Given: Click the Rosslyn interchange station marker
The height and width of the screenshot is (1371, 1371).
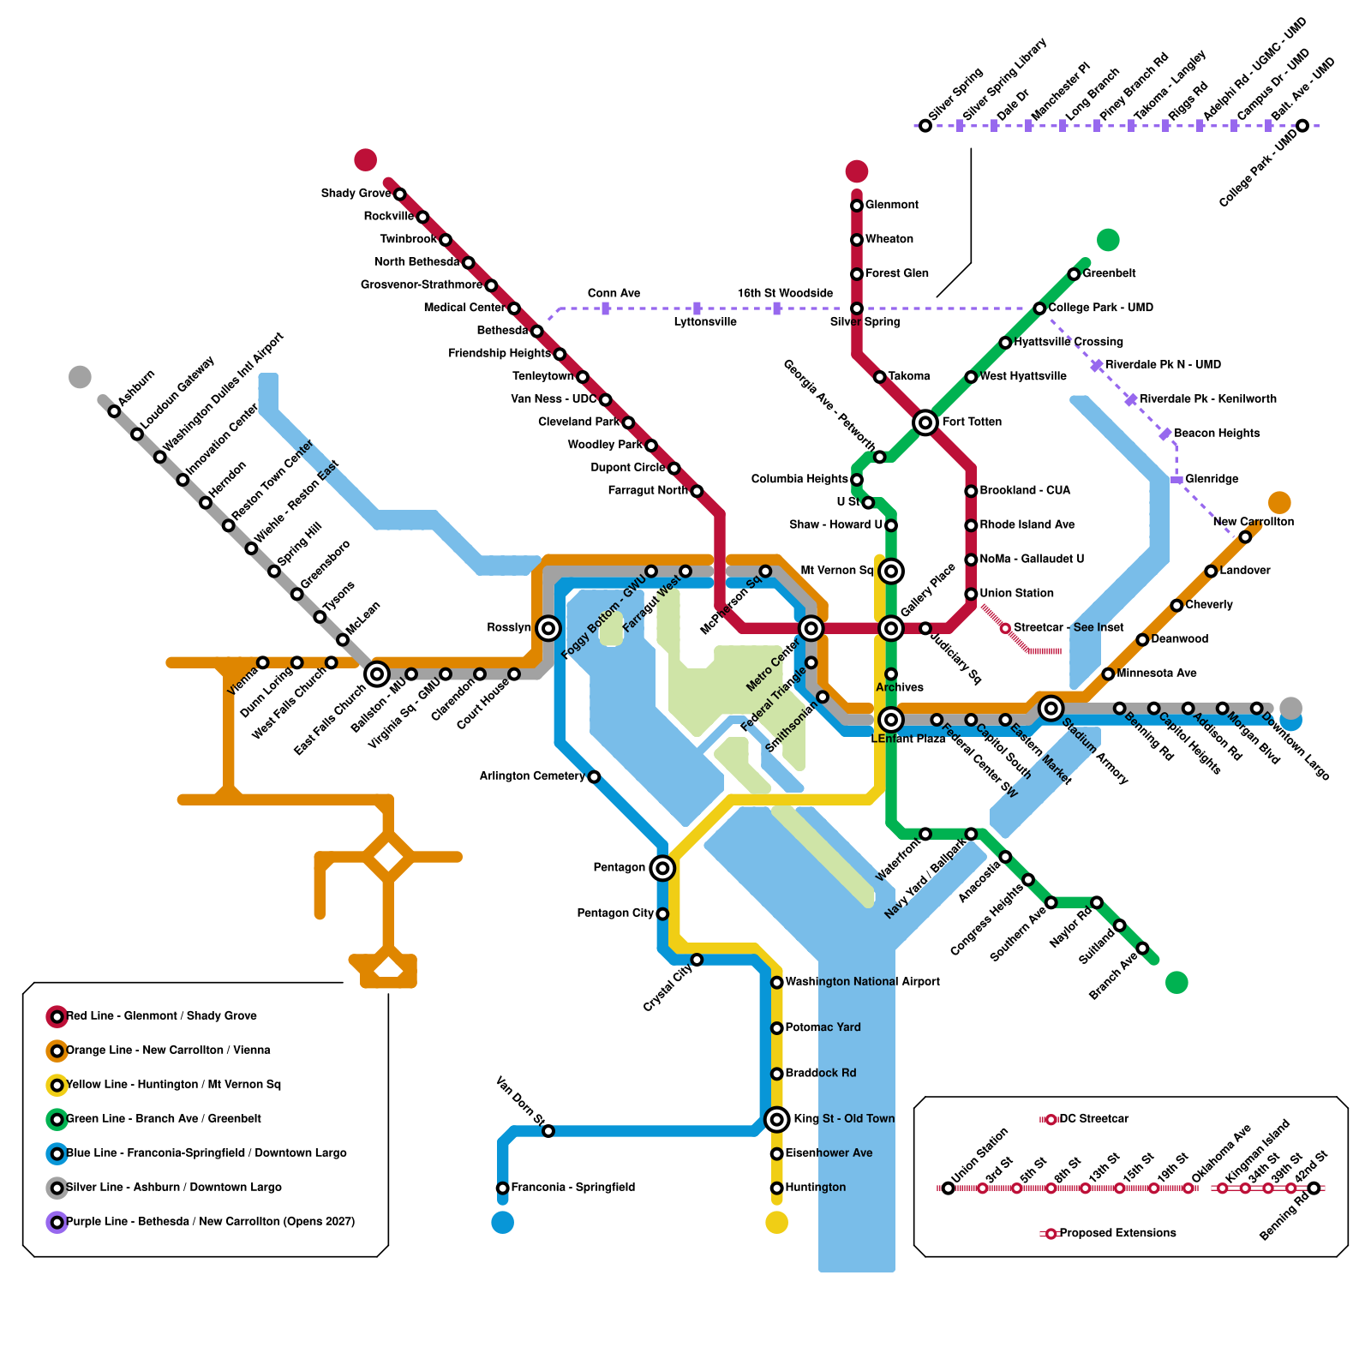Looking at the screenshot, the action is point(548,628).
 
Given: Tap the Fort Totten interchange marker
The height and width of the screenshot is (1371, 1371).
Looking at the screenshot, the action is point(925,422).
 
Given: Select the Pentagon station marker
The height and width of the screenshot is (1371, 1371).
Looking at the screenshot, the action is point(662,868).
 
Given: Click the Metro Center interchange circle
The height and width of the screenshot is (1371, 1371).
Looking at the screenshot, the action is point(811,628).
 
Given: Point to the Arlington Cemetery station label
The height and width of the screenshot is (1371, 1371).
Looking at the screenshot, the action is point(531,776).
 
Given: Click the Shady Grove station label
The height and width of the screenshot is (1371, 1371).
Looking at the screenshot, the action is point(356,194).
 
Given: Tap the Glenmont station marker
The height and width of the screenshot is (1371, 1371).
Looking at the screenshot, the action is point(857,206).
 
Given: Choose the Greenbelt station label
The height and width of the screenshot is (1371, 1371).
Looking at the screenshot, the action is point(1109,273).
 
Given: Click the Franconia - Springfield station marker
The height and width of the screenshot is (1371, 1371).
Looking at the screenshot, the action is point(503,1188).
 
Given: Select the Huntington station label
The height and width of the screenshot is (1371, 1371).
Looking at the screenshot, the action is point(815,1188).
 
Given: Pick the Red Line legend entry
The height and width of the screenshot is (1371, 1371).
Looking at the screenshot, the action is point(152,1016).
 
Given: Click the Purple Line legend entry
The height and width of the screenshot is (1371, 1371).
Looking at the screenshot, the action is point(201,1222).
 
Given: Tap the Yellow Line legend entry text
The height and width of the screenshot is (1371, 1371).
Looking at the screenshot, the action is point(173,1085).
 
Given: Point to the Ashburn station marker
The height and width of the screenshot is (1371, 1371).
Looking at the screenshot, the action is point(114,411).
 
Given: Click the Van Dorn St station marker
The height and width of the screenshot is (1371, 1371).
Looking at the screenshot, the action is point(548,1131).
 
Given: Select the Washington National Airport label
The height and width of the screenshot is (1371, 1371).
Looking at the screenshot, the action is point(862,982).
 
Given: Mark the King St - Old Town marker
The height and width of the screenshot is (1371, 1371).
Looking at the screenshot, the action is point(777,1119).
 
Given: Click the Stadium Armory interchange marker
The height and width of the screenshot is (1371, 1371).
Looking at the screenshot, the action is point(1051,708).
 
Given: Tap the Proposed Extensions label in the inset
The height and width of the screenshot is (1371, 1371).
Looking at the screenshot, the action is point(1117,1233).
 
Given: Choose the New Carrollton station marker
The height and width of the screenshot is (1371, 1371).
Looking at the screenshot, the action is point(1245,537).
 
